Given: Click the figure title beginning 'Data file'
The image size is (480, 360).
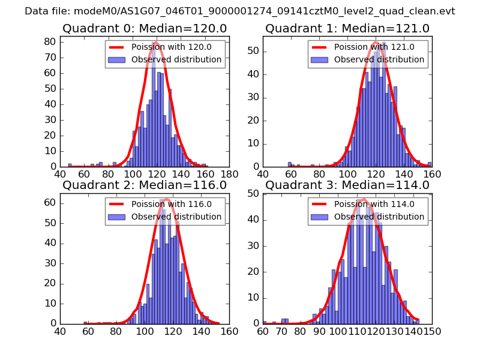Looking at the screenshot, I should pos(240,11).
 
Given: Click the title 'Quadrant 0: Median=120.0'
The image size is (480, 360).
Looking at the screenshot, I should pos(145,28).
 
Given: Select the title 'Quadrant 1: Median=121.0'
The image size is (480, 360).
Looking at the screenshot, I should pos(347,28).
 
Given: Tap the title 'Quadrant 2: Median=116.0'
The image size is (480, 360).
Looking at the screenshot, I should pos(145,185).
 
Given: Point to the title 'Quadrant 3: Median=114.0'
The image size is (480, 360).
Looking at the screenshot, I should pos(347,185).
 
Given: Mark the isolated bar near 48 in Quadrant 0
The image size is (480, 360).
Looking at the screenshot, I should pos(70,165).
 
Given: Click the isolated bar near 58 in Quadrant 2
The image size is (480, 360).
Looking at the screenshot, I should pos(86,323).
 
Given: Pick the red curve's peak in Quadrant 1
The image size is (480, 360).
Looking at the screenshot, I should pos(376,42).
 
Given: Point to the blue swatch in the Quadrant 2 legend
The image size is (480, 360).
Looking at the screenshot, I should pos(117,217).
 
